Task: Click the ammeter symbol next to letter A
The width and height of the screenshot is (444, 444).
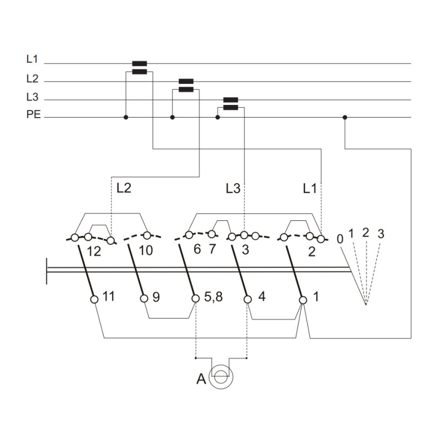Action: click(221, 377)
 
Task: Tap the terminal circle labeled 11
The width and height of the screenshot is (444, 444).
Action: click(94, 299)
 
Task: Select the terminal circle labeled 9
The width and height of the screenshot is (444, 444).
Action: click(144, 299)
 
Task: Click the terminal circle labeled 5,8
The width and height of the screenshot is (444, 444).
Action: click(195, 299)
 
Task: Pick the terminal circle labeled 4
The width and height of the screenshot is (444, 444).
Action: click(248, 299)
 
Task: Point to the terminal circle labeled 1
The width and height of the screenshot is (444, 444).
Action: click(303, 300)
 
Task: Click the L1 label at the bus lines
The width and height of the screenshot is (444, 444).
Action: click(32, 59)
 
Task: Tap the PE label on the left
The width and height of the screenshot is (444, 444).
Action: click(33, 114)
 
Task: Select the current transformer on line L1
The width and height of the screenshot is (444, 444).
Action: click(140, 67)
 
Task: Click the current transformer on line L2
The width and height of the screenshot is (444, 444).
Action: click(186, 85)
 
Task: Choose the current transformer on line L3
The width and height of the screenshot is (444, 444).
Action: click(231, 104)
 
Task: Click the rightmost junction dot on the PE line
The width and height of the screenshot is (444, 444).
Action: click(345, 117)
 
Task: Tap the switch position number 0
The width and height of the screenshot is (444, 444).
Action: click(340, 239)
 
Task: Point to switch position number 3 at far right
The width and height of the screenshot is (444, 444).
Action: click(381, 234)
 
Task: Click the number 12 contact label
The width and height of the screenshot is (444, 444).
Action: click(94, 251)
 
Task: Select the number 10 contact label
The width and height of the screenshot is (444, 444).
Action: click(146, 251)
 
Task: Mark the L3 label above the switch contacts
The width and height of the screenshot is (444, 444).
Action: click(233, 189)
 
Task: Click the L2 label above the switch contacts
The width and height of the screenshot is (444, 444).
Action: click(124, 188)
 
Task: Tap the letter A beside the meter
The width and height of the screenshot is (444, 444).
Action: click(201, 379)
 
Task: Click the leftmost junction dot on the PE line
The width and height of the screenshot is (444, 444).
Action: click(126, 117)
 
